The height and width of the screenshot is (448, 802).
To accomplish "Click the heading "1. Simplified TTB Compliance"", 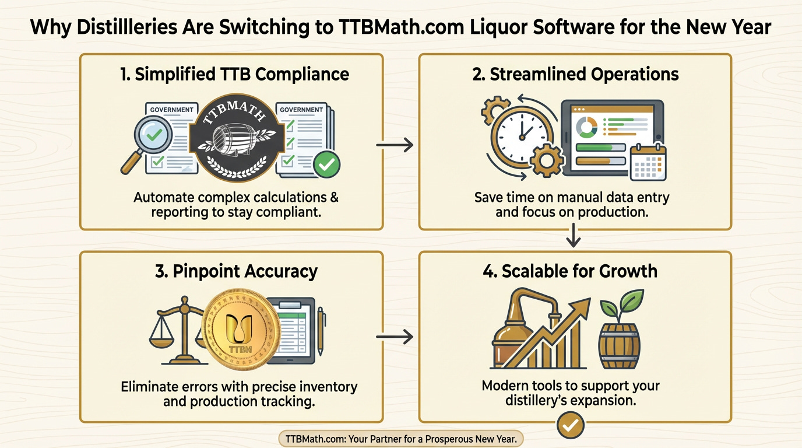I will [x=231, y=74].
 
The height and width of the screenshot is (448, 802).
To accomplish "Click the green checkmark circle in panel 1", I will [x=326, y=165].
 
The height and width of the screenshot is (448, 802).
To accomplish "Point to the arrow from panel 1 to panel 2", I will [x=395, y=145].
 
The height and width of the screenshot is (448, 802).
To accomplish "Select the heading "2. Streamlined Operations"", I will [x=575, y=74].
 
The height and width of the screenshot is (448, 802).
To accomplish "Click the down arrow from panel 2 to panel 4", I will [x=575, y=236].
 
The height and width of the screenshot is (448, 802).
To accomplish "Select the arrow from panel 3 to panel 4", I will [x=395, y=337].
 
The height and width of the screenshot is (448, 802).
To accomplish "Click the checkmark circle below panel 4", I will [x=570, y=426].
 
